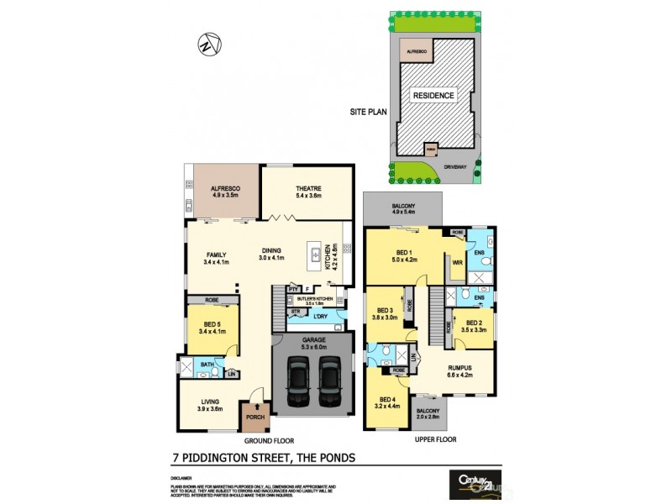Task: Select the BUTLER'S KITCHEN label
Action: click(x=315, y=298)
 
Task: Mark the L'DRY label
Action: click(x=320, y=315)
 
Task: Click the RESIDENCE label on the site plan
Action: click(x=433, y=96)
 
